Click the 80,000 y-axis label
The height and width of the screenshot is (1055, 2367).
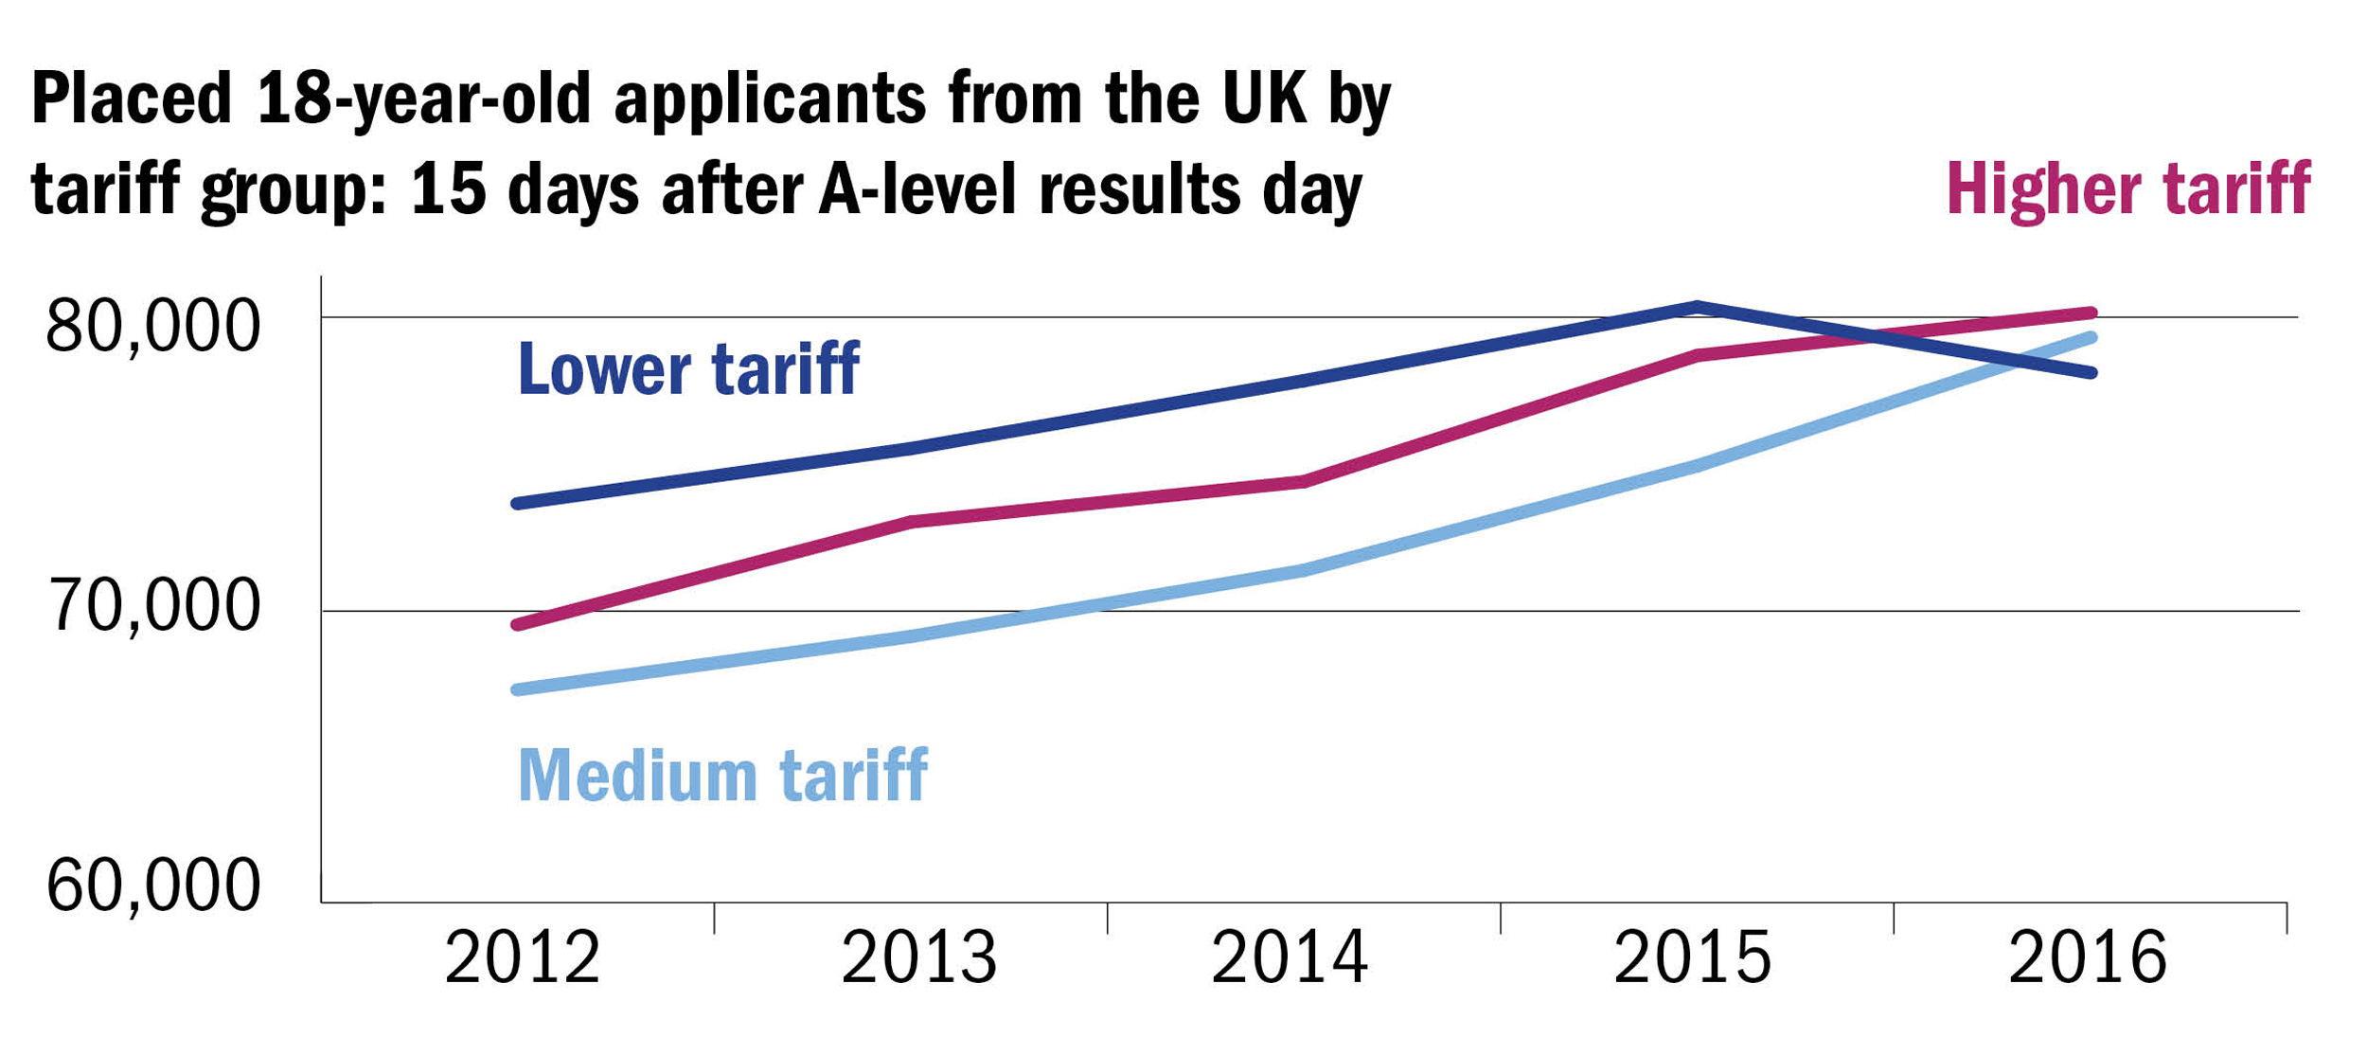(x=151, y=328)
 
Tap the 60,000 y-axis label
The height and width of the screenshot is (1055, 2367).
(x=152, y=885)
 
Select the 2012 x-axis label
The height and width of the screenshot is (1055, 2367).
(x=522, y=958)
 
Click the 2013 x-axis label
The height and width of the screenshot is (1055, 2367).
(x=918, y=958)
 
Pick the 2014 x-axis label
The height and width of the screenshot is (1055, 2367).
(x=1289, y=958)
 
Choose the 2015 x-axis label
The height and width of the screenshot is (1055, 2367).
(x=1692, y=958)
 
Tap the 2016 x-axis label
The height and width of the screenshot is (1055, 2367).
(x=2088, y=958)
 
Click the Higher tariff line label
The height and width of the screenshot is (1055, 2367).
(x=2128, y=189)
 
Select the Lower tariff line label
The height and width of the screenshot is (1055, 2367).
(x=688, y=369)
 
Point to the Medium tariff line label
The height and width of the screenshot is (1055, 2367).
(x=722, y=776)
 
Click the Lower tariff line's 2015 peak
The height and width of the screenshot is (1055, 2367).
(x=1699, y=306)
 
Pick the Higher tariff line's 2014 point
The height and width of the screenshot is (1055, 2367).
(x=1305, y=482)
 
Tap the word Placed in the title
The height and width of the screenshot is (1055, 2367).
(x=132, y=98)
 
